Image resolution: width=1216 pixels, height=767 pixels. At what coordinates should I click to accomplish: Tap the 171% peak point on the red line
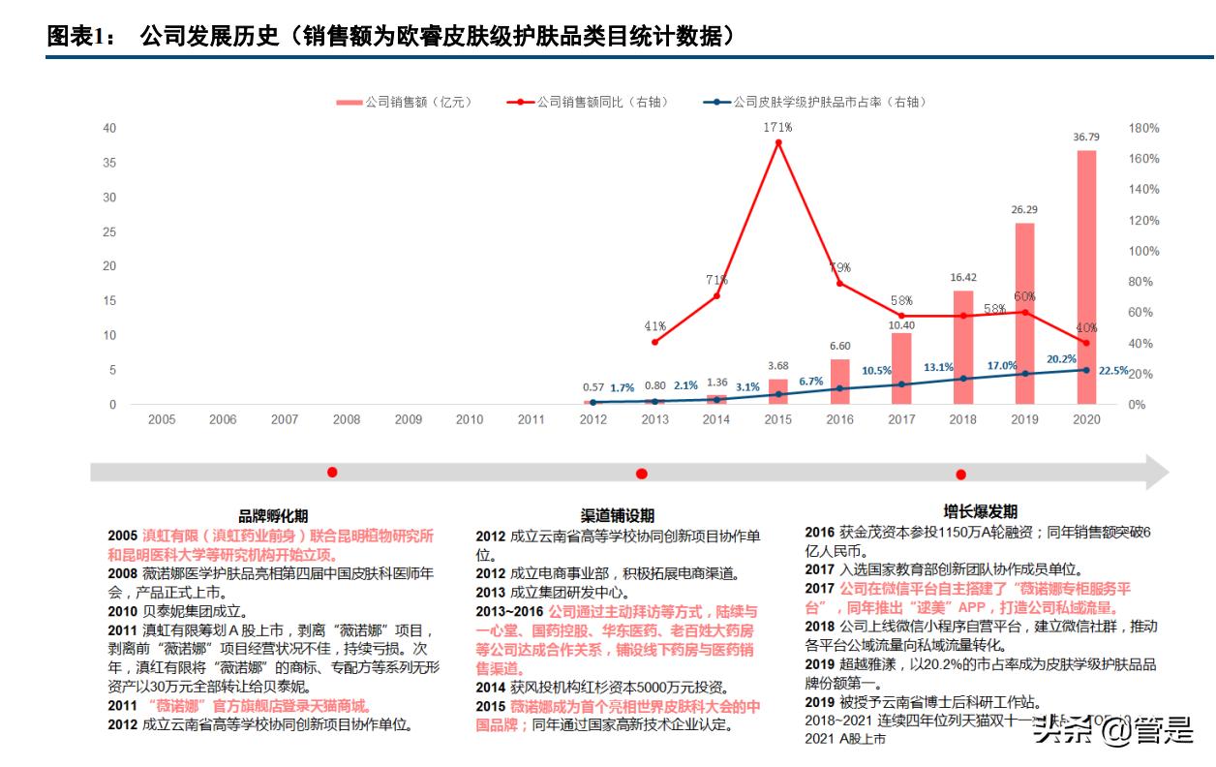click(778, 142)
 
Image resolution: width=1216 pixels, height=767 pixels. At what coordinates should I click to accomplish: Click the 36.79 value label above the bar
click(1086, 138)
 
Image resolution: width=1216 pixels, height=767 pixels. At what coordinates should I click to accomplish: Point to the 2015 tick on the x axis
click(778, 419)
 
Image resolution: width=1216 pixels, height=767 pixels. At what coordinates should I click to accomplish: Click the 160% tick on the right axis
click(1142, 159)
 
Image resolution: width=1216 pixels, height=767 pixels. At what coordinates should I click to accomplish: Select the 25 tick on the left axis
click(110, 231)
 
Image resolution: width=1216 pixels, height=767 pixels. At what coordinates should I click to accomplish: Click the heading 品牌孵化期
click(273, 515)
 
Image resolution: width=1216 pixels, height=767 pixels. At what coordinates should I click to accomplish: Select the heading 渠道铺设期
click(617, 515)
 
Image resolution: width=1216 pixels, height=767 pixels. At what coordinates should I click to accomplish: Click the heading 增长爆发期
click(980, 511)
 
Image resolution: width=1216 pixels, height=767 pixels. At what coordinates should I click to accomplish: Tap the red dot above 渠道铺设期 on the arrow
click(641, 474)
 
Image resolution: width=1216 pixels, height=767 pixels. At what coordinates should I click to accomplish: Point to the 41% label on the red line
click(654, 326)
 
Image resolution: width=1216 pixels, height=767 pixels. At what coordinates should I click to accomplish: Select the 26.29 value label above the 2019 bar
click(1024, 209)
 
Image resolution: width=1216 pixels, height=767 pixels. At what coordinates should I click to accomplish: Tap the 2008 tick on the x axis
click(346, 419)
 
